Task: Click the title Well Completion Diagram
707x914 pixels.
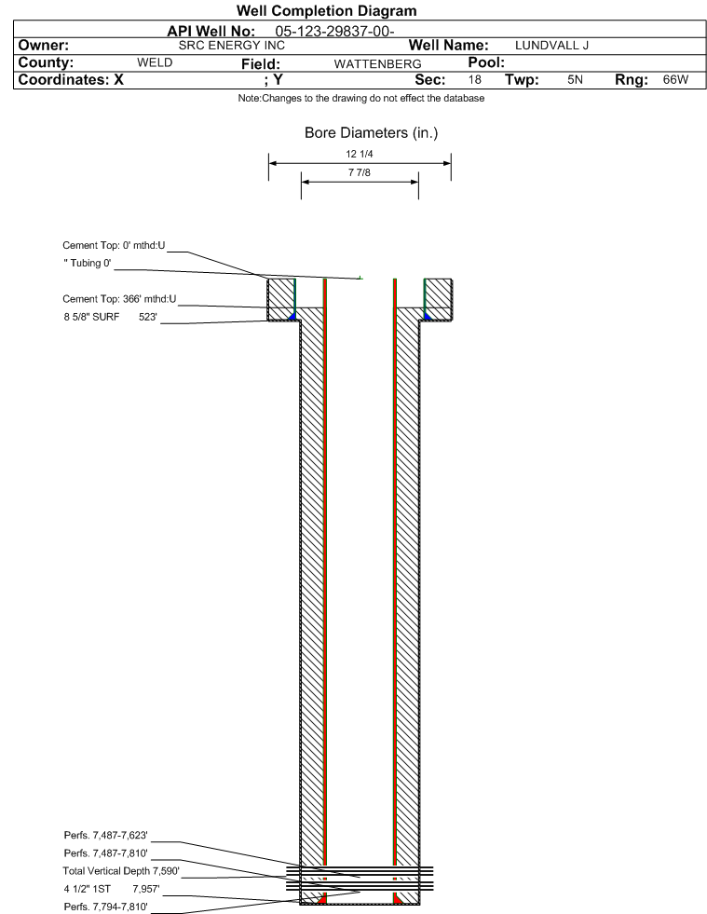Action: tap(326, 10)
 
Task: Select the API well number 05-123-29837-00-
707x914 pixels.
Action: tap(334, 31)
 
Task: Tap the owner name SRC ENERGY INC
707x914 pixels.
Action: tap(231, 46)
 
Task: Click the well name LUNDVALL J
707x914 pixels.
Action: tap(551, 46)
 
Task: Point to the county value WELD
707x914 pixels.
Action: tap(155, 62)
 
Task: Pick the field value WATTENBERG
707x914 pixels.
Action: tap(377, 63)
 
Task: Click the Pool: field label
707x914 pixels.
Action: tap(486, 62)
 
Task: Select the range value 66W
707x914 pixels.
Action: tap(675, 79)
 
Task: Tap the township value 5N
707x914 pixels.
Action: tap(575, 79)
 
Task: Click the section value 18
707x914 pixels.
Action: tap(474, 79)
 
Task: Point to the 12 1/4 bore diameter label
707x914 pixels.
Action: tap(359, 154)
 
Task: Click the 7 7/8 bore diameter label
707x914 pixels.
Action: tap(359, 172)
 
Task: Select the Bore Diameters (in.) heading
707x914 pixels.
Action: tap(371, 133)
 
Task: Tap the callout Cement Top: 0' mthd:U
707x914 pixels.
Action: tap(114, 245)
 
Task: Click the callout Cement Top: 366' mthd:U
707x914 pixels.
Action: tap(119, 299)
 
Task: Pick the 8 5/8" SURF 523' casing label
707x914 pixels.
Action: tap(110, 317)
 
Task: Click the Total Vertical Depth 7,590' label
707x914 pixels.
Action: tap(121, 871)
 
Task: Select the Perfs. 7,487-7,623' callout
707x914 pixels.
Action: tap(105, 836)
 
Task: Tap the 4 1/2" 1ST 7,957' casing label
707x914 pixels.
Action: tap(112, 889)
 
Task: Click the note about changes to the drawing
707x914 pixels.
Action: tap(360, 98)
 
